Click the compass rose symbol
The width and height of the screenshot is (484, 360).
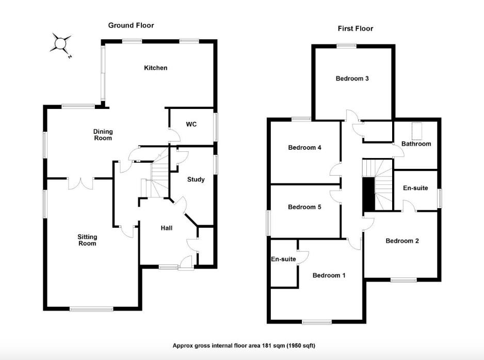[x=61, y=43]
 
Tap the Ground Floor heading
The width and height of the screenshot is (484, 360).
[x=131, y=25]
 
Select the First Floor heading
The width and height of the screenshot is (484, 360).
[x=355, y=28]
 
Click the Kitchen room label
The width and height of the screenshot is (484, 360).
[x=155, y=68]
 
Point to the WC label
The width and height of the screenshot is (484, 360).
[x=191, y=124]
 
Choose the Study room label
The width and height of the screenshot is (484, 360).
[x=196, y=180]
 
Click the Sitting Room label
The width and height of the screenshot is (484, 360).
[x=87, y=240]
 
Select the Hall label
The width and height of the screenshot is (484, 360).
[x=166, y=228]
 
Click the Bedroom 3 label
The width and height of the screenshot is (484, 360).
[x=352, y=79]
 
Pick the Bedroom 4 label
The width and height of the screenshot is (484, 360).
[x=304, y=148]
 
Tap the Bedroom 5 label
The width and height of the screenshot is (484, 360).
[x=304, y=207]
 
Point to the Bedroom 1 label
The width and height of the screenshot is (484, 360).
[x=329, y=275]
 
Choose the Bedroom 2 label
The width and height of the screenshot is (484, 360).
[x=402, y=241]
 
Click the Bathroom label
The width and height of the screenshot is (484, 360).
[x=416, y=144]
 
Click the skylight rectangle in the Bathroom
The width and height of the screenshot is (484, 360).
[x=416, y=128]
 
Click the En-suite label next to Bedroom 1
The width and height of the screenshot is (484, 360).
[x=283, y=259]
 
